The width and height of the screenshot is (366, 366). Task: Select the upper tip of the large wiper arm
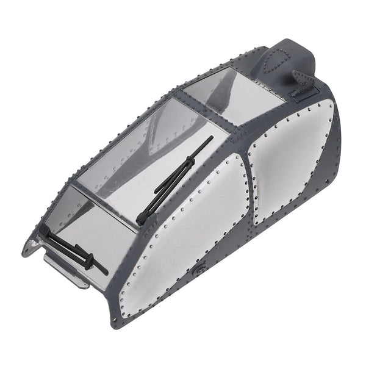coord(211,138)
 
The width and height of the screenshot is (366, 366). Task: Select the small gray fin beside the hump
coord(300,79)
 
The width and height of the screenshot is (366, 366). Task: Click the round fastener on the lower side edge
coord(199,268)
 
